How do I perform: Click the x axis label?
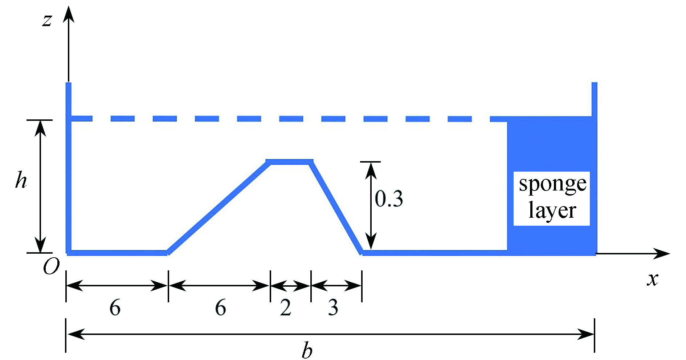coord(652,279)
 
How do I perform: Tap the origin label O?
coord(51,267)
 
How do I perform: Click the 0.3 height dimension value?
coord(389,199)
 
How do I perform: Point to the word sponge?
coord(552,184)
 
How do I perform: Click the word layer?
coord(552,210)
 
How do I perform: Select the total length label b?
coord(307,350)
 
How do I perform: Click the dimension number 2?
coord(286,308)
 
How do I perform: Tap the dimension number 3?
coord(333,308)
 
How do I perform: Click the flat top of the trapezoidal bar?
coord(290,161)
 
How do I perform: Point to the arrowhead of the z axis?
coord(68,14)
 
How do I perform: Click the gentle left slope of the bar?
coord(218,207)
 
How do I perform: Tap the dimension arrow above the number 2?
coord(291,286)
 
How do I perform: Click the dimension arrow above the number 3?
coord(336,286)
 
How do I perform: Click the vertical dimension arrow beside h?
coord(40,186)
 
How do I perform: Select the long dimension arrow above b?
coord(330,334)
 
